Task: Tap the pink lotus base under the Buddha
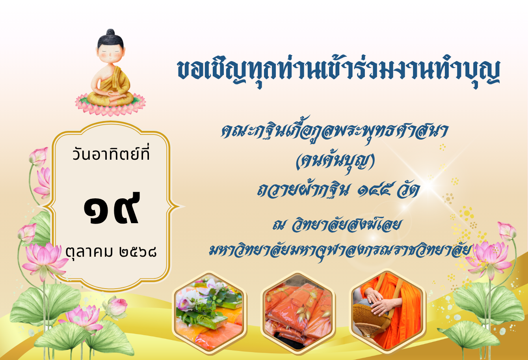click(110, 105)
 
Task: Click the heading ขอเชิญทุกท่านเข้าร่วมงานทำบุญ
click(339, 71)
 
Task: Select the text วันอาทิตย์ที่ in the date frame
click(111, 153)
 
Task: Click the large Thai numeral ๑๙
click(112, 208)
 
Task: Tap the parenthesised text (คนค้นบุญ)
click(335, 161)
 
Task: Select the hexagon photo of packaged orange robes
click(298, 312)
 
